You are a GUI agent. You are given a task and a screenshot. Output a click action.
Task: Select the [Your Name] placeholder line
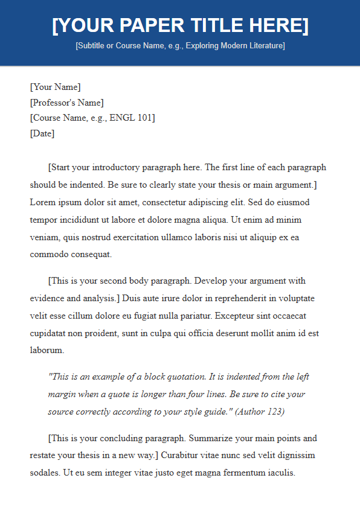coord(55,87)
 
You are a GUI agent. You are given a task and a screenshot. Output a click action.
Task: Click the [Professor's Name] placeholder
coord(66,102)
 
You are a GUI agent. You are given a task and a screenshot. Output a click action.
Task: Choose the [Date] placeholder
coord(42,133)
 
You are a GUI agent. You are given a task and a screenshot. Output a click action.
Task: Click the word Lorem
coord(43,202)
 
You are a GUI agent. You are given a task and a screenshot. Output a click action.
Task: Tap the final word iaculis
coord(280,473)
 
